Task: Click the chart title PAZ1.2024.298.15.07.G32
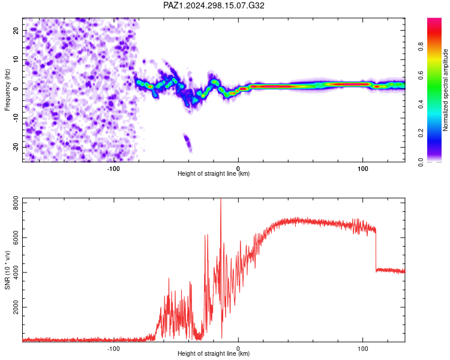pyautogui.click(x=214, y=5)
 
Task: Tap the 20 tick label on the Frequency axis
pyautogui.click(x=16, y=31)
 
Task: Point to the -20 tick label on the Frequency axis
pyautogui.click(x=16, y=147)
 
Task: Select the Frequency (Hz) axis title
pyautogui.click(x=7, y=89)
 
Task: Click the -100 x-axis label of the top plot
pyautogui.click(x=113, y=169)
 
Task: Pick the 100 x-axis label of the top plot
pyautogui.click(x=363, y=169)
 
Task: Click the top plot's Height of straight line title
pyautogui.click(x=214, y=173)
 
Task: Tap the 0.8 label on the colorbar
pyautogui.click(x=421, y=47)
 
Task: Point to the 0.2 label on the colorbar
pyautogui.click(x=421, y=133)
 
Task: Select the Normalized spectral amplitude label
pyautogui.click(x=445, y=89)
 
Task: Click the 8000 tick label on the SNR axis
pyautogui.click(x=16, y=203)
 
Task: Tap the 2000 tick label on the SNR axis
pyautogui.click(x=16, y=307)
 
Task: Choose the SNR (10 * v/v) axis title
pyautogui.click(x=7, y=270)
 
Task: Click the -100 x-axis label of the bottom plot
pyautogui.click(x=113, y=349)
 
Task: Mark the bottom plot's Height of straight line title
pyautogui.click(x=214, y=353)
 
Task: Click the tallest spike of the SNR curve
pyautogui.click(x=221, y=200)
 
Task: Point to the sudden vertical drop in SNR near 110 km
pyautogui.click(x=376, y=249)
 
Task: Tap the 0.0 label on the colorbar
pyautogui.click(x=421, y=162)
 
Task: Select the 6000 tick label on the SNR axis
pyautogui.click(x=16, y=238)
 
